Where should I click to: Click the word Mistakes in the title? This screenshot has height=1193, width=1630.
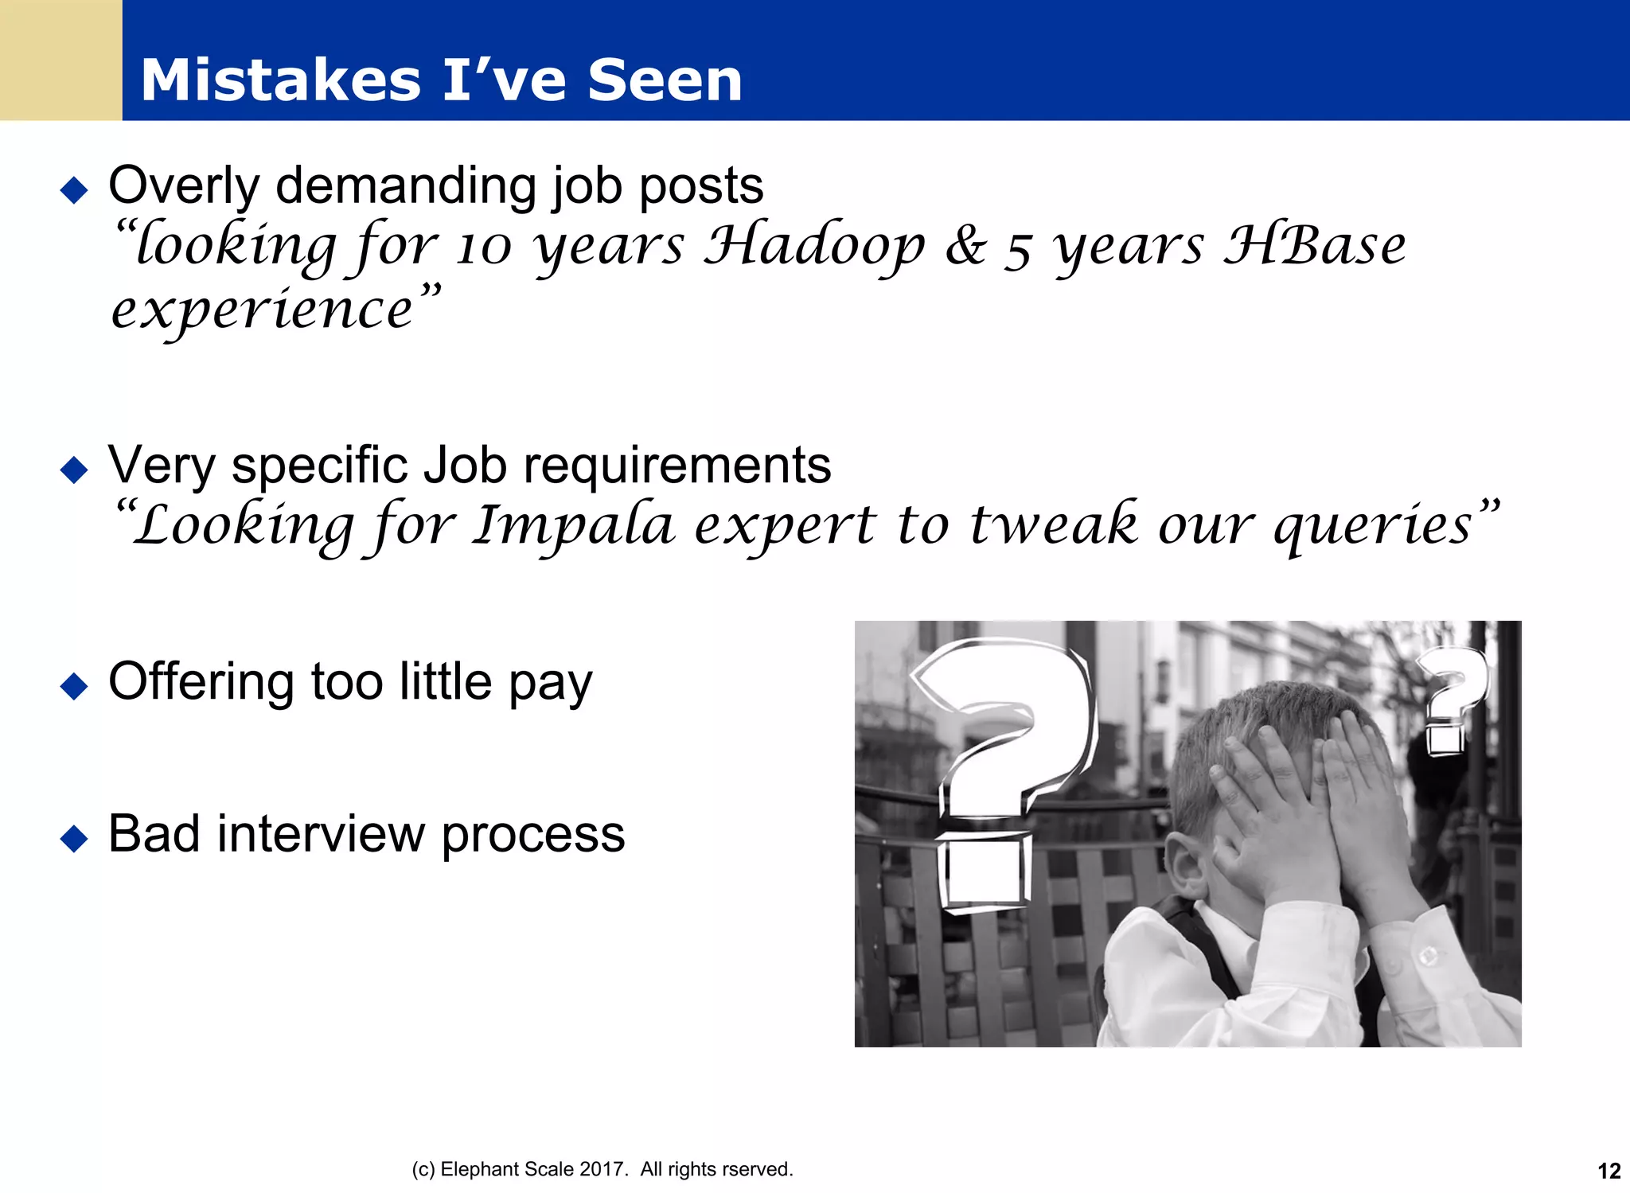pos(280,81)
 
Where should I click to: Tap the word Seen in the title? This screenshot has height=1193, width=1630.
pos(665,81)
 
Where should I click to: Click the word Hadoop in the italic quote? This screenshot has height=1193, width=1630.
pos(814,246)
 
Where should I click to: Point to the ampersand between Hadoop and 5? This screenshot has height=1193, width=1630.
pos(965,246)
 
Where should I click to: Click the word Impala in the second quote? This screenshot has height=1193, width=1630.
pos(573,526)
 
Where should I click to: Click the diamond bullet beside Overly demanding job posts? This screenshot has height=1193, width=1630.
pos(74,190)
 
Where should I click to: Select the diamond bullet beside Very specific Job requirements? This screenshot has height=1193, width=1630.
pos(74,470)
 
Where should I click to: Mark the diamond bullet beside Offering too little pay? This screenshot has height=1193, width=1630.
pos(74,686)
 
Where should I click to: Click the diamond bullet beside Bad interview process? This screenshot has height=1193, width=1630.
pos(74,838)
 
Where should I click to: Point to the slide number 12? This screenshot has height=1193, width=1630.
pos(1609,1171)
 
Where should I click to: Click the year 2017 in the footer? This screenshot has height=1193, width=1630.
pos(601,1169)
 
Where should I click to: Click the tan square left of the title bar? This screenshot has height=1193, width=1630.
pos(60,60)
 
